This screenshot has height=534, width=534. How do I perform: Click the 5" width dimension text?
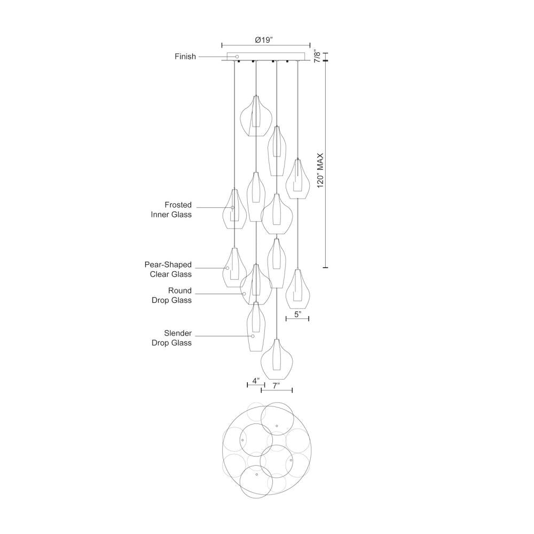(x=297, y=315)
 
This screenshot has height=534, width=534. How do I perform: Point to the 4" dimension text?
(x=256, y=381)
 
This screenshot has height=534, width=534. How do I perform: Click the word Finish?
(x=185, y=56)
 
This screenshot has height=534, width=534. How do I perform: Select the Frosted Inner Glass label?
(x=178, y=210)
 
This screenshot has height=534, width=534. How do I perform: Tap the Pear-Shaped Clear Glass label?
(x=168, y=269)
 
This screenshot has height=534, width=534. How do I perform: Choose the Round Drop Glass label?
(x=178, y=295)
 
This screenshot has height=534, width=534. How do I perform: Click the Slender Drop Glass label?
(x=178, y=338)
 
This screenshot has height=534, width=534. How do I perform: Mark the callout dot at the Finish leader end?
(x=237, y=57)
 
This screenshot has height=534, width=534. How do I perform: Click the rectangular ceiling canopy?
(x=265, y=57)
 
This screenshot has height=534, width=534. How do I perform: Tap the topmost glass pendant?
(x=256, y=116)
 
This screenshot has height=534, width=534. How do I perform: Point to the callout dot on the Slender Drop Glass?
(x=253, y=336)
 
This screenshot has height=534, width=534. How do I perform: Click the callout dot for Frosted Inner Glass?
(x=233, y=207)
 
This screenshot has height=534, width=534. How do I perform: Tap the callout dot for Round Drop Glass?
(x=244, y=293)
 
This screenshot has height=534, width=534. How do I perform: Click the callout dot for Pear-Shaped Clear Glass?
(x=227, y=268)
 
